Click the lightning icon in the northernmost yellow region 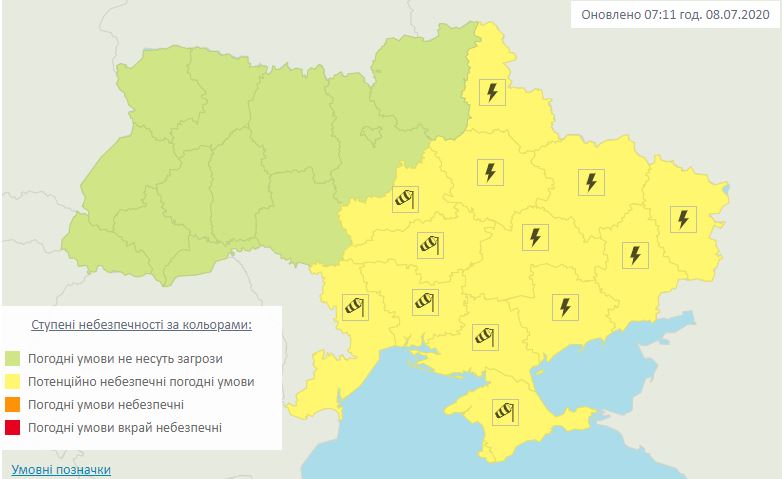coord(491,93)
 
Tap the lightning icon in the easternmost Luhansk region coord(683,219)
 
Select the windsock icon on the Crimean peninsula coord(502,410)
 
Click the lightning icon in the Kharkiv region coord(591,182)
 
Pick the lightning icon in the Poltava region coord(489,172)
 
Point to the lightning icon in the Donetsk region coord(634,255)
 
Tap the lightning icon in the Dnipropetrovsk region coord(535,237)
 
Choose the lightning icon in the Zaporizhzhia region coord(565,307)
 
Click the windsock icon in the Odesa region coord(355,307)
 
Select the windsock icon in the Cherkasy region coord(404,199)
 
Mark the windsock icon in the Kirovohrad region coord(429,244)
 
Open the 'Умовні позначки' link coord(61,469)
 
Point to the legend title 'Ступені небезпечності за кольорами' coord(141,326)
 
